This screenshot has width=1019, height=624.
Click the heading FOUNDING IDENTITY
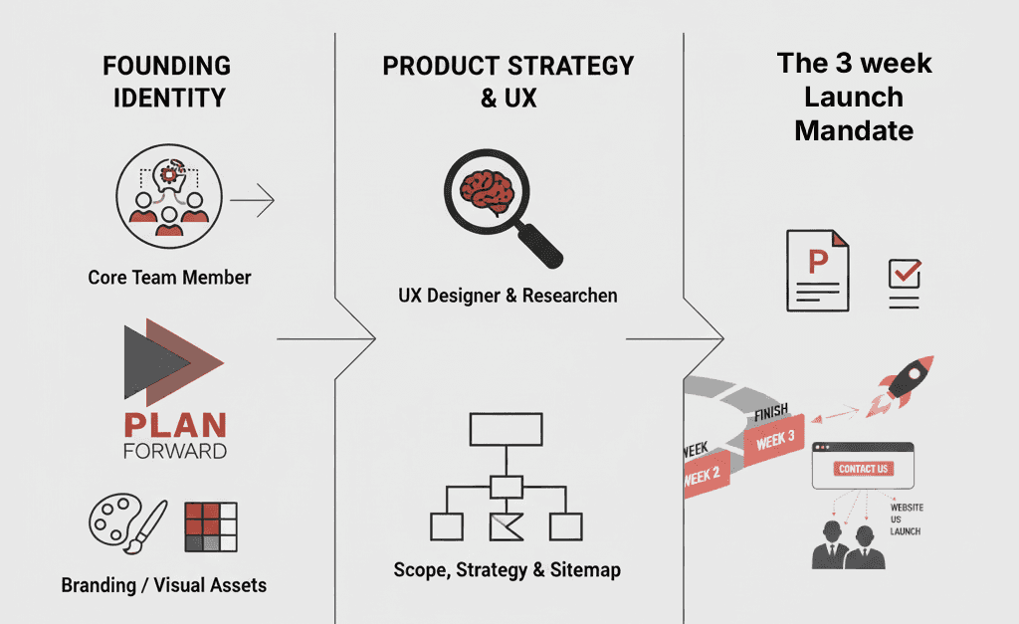[x=168, y=82]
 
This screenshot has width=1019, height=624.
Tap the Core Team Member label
[x=169, y=277]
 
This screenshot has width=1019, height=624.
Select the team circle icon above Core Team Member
[x=166, y=189]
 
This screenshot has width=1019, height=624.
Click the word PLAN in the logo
[x=175, y=426]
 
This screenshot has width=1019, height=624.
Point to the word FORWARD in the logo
[x=175, y=451]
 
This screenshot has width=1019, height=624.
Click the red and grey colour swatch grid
[x=211, y=526]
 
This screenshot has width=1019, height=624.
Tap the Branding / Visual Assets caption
[x=164, y=584]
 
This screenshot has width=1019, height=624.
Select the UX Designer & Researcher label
[x=508, y=296]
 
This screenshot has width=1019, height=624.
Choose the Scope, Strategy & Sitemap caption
[x=507, y=570]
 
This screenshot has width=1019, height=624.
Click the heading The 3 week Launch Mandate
[x=854, y=97]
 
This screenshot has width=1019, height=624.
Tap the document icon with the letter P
[x=817, y=269]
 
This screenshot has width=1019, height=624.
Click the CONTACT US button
[x=863, y=469]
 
